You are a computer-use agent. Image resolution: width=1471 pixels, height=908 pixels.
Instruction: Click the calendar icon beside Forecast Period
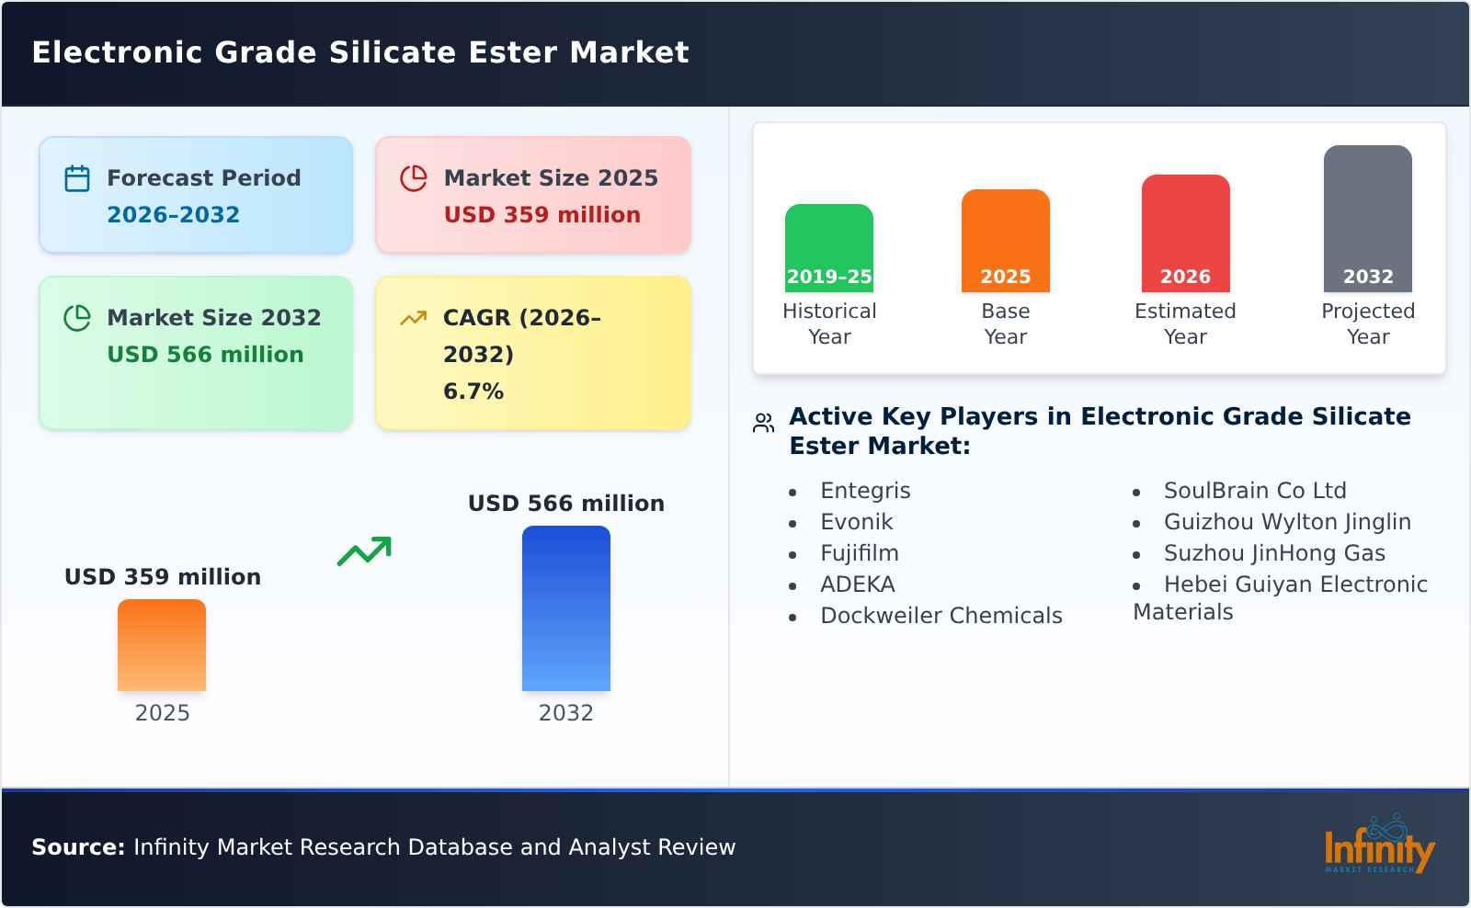(x=77, y=178)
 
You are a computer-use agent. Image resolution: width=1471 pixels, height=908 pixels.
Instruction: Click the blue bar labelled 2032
(x=565, y=608)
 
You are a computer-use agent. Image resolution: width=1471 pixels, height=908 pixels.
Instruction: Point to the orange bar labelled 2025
(x=162, y=645)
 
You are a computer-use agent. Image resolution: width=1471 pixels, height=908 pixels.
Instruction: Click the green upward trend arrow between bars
(x=364, y=551)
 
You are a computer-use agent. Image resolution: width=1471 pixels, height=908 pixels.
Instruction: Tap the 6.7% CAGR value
(x=473, y=392)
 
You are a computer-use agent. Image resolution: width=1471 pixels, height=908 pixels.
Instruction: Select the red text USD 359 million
(x=542, y=215)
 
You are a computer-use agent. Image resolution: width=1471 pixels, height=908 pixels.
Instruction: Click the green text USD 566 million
(x=205, y=355)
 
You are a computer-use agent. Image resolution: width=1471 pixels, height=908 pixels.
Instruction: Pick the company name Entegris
(x=865, y=491)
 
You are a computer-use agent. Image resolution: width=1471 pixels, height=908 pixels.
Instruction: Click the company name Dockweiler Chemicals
(x=941, y=616)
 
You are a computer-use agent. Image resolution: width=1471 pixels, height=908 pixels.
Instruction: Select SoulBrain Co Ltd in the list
(x=1254, y=491)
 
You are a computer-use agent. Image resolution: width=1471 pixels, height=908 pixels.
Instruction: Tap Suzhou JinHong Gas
(x=1273, y=553)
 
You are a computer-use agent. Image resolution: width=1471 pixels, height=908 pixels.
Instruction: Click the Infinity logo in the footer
(x=1378, y=846)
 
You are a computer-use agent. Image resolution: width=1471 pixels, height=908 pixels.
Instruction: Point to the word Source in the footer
(x=78, y=847)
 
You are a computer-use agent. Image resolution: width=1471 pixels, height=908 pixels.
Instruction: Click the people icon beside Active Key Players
(x=763, y=423)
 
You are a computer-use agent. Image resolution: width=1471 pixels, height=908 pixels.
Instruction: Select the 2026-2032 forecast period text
(x=173, y=215)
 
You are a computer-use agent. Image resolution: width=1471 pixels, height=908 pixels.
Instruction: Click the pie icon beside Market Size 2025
(x=414, y=178)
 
